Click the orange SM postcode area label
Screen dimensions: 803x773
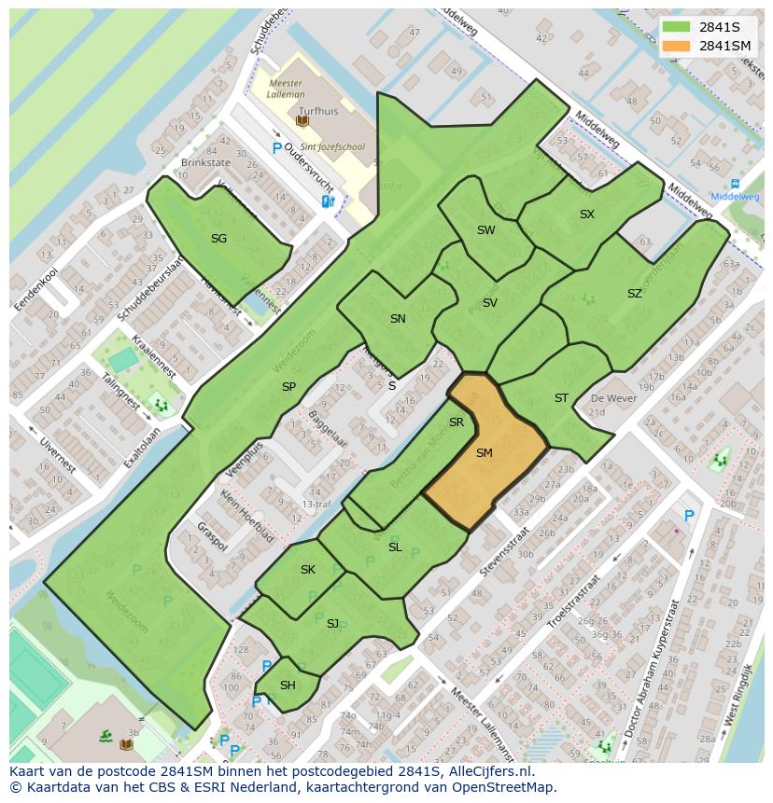[x=484, y=453]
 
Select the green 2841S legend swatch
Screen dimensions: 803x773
[x=677, y=27]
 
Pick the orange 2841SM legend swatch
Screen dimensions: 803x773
[x=677, y=46]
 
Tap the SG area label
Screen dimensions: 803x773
[x=218, y=239]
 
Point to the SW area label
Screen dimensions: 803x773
[x=485, y=230]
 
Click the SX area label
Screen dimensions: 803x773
[x=586, y=215]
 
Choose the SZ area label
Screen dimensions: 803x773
[x=634, y=294]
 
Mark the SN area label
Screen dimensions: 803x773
[x=398, y=319]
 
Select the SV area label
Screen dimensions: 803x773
[x=489, y=303]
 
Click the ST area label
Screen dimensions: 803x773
[x=561, y=398]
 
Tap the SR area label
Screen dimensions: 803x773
[x=457, y=422]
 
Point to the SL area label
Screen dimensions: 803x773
[x=395, y=547]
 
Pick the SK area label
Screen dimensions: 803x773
[x=308, y=570]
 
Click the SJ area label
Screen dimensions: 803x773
[x=332, y=623]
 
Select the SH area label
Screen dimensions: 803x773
[x=288, y=685]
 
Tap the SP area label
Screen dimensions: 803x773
[x=288, y=386]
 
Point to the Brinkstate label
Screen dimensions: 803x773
[x=205, y=162]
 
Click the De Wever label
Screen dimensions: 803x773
[x=612, y=398]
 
